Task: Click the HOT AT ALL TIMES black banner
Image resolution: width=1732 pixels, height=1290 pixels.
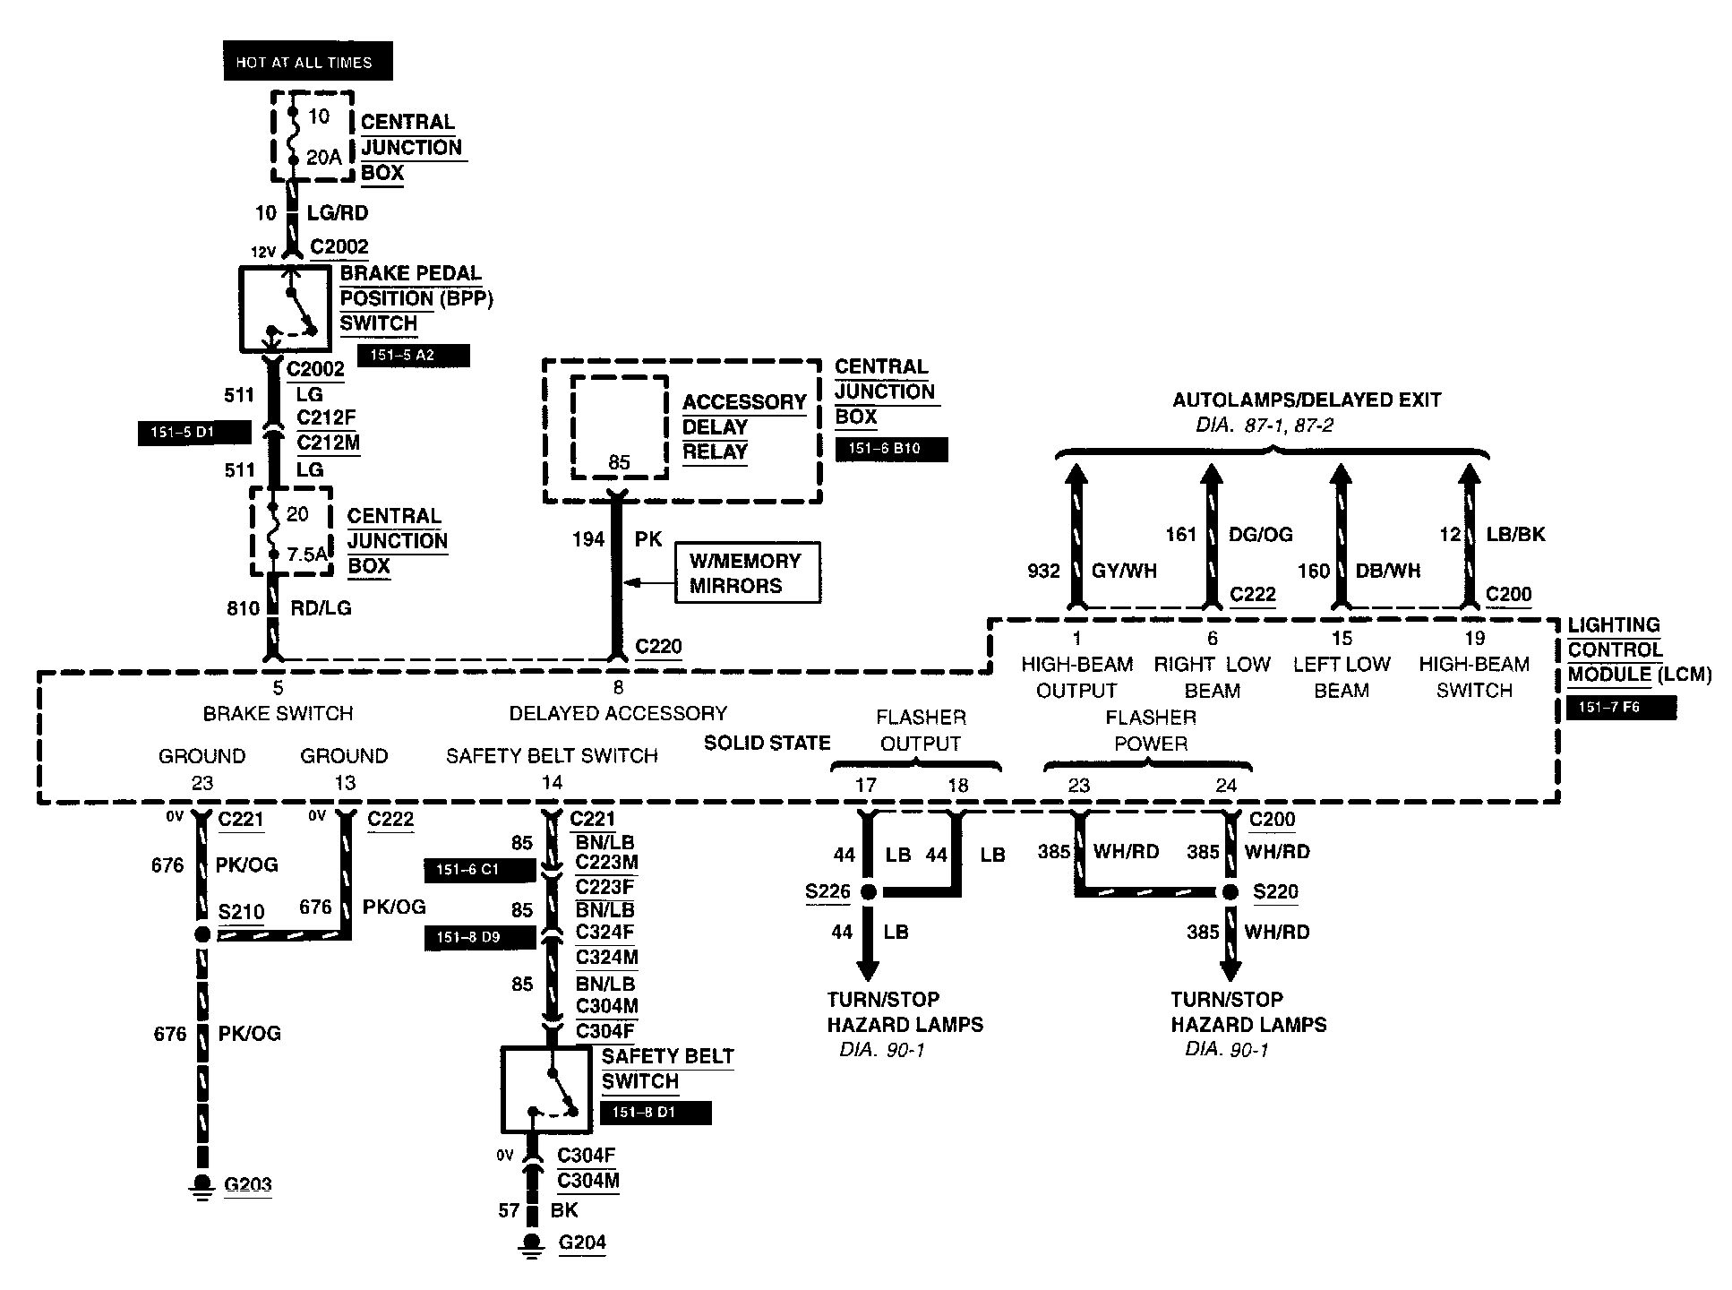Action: pyautogui.click(x=307, y=62)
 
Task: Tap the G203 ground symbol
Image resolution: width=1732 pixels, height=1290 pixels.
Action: pyautogui.click(x=202, y=1187)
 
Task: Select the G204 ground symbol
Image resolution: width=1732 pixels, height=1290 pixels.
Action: pyautogui.click(x=532, y=1245)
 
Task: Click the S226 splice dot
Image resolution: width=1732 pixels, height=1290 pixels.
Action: pyautogui.click(x=867, y=892)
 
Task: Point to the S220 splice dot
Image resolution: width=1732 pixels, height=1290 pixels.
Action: pyautogui.click(x=1230, y=892)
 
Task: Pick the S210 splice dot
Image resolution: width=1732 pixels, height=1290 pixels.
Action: pyautogui.click(x=202, y=934)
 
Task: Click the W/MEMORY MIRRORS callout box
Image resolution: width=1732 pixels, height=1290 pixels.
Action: pyautogui.click(x=747, y=572)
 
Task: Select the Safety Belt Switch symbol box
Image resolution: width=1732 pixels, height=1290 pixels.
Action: pyautogui.click(x=545, y=1089)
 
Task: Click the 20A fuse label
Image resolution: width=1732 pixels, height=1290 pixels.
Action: pyautogui.click(x=323, y=158)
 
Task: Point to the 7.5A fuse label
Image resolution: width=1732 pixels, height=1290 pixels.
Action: pyautogui.click(x=307, y=555)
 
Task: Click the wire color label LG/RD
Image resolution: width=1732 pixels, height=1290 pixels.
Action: pyautogui.click(x=338, y=213)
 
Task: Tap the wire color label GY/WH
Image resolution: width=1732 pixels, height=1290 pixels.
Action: pyautogui.click(x=1124, y=571)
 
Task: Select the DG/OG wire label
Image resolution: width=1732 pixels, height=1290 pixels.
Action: pyautogui.click(x=1261, y=534)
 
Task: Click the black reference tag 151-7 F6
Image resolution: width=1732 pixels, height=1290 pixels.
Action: pyautogui.click(x=1621, y=708)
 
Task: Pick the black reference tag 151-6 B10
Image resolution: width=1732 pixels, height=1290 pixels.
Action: pyautogui.click(x=891, y=449)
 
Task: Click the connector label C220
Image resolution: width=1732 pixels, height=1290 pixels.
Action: pyautogui.click(x=658, y=646)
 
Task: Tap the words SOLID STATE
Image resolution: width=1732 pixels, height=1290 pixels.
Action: pyautogui.click(x=767, y=743)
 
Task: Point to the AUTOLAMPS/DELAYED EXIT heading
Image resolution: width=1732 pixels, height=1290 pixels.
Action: pyautogui.click(x=1307, y=400)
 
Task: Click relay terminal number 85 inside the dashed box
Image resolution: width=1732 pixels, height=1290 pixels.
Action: pyautogui.click(x=619, y=462)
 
